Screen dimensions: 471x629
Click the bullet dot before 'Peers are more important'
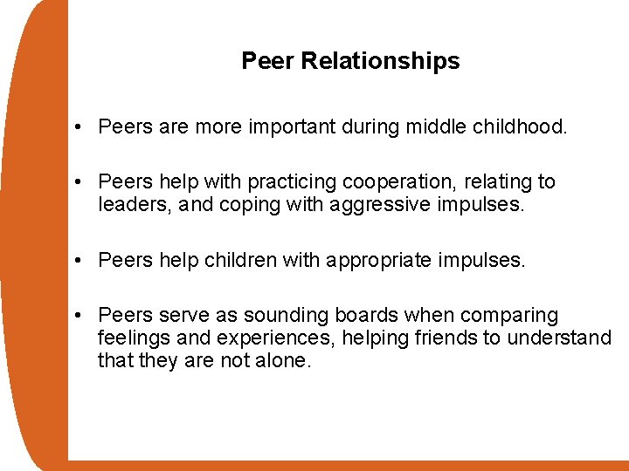(79, 128)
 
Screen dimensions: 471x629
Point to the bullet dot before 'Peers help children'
(79, 261)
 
